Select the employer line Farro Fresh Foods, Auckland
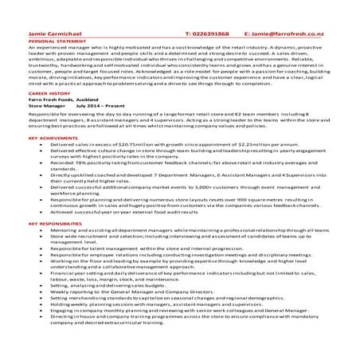coord(63,99)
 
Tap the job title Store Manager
coord(45,104)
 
